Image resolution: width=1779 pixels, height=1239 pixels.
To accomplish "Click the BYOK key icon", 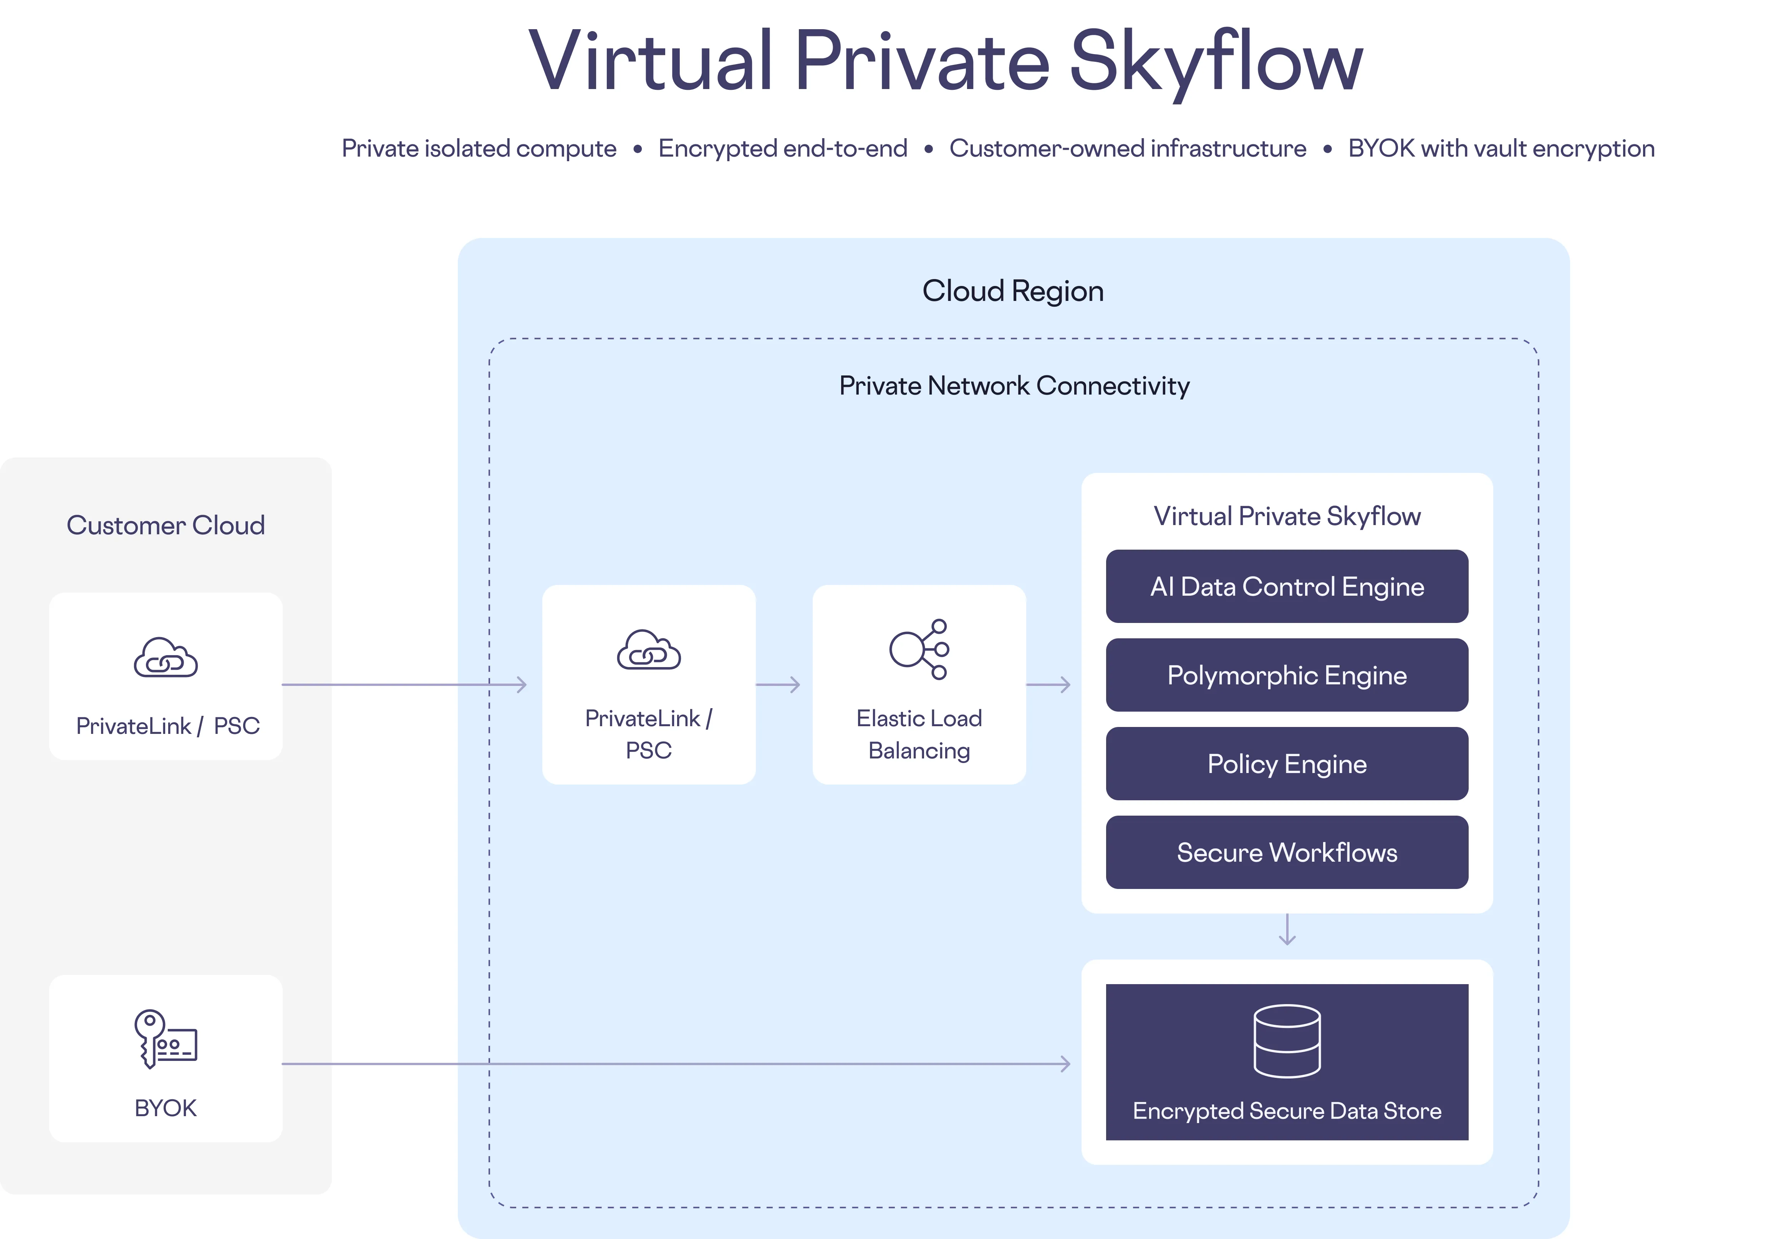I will (165, 1039).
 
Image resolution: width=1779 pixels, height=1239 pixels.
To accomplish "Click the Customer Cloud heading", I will (165, 525).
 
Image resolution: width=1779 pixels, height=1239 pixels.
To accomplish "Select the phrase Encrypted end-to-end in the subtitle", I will (783, 148).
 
